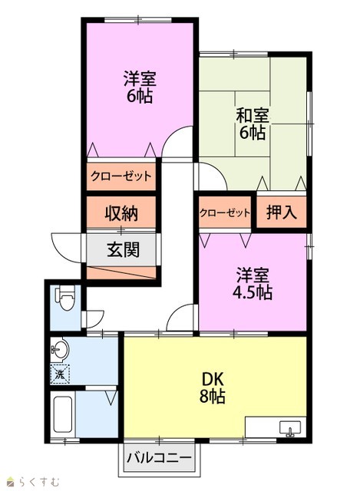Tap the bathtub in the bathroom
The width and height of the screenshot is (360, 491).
(x=64, y=414)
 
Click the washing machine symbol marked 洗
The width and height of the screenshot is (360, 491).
(x=60, y=374)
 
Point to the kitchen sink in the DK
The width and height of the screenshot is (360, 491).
(x=290, y=428)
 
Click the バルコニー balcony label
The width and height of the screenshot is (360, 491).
(x=159, y=458)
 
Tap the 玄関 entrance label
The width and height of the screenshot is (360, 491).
(x=123, y=250)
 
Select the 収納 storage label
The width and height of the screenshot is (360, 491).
(x=121, y=214)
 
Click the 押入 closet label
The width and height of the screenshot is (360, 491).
(x=282, y=212)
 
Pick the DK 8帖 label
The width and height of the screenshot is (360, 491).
(x=213, y=387)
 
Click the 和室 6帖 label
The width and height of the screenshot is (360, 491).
(x=253, y=124)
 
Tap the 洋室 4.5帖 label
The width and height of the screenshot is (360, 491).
(x=253, y=283)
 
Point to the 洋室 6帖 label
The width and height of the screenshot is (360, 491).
(x=140, y=87)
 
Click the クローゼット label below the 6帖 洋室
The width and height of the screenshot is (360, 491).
(x=121, y=176)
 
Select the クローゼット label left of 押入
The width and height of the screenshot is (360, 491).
(x=225, y=213)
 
